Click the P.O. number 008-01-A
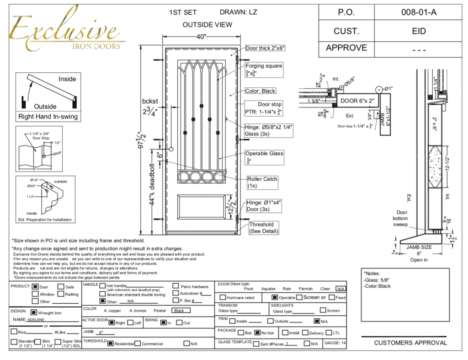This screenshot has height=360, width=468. tap(419, 13)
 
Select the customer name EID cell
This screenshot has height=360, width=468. tap(419, 31)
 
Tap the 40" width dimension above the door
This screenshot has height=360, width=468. tap(202, 37)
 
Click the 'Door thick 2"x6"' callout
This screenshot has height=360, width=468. tap(268, 48)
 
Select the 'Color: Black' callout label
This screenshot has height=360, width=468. tap(266, 91)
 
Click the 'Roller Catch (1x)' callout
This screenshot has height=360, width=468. tap(262, 183)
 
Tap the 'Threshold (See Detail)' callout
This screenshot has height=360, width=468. tap(264, 228)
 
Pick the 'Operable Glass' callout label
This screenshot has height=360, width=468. tap(264, 154)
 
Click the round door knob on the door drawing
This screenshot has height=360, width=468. tap(171, 149)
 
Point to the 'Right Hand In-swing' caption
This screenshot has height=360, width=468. tap(48, 117)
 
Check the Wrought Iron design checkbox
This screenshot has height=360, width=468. tap(35, 312)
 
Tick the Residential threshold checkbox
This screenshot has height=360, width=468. tap(110, 344)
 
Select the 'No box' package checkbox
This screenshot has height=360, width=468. tap(257, 333)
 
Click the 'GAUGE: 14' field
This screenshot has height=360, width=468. tap(335, 343)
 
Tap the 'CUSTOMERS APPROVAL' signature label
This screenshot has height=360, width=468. tap(410, 343)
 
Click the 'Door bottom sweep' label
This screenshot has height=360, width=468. tap(401, 218)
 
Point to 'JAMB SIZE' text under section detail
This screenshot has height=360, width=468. tap(419, 247)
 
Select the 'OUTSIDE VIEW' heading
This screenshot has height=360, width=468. tap(207, 25)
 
